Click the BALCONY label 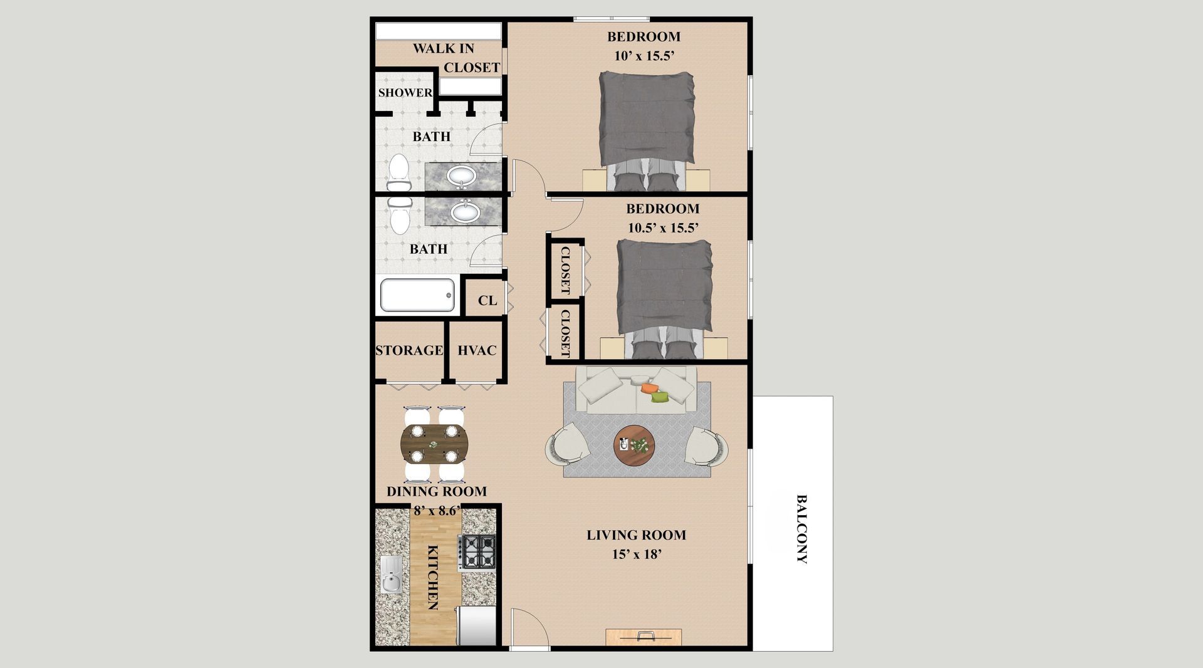[801, 530]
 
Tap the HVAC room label [477, 350]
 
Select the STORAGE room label [409, 350]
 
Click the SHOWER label [405, 93]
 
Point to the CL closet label [487, 300]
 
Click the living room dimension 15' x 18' [636, 555]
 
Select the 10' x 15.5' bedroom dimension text [644, 56]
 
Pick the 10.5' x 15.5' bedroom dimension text [663, 228]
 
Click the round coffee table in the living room [634, 446]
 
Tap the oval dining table [434, 444]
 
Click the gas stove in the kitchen [477, 553]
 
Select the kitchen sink [392, 575]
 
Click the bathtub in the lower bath [417, 295]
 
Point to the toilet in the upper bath [398, 172]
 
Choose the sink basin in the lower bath [465, 212]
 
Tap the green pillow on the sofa [660, 397]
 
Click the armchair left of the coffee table [568, 444]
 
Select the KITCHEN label [432, 577]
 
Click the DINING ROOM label [437, 492]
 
